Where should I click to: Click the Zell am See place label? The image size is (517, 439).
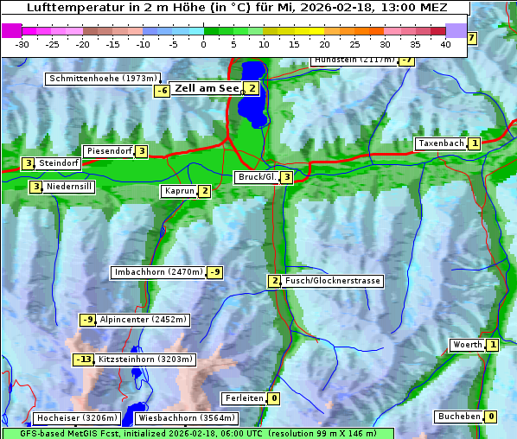[207, 88]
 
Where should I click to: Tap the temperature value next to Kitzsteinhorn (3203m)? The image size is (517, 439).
[83, 359]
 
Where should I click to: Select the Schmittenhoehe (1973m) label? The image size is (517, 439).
[103, 79]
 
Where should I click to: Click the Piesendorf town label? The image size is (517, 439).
[109, 151]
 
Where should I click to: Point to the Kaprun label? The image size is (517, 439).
[179, 191]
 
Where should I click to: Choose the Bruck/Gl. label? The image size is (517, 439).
[256, 177]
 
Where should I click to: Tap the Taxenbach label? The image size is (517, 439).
[441, 143]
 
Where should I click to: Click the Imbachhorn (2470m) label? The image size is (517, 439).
[159, 272]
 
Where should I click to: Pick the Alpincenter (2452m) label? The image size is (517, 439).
[143, 320]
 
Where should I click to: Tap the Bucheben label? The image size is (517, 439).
[458, 417]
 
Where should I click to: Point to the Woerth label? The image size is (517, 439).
[467, 345]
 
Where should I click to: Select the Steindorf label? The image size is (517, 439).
[59, 163]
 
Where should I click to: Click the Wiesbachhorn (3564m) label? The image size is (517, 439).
[177, 418]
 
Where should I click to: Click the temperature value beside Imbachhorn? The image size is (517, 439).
[215, 272]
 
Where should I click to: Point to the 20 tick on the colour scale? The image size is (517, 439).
[325, 43]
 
